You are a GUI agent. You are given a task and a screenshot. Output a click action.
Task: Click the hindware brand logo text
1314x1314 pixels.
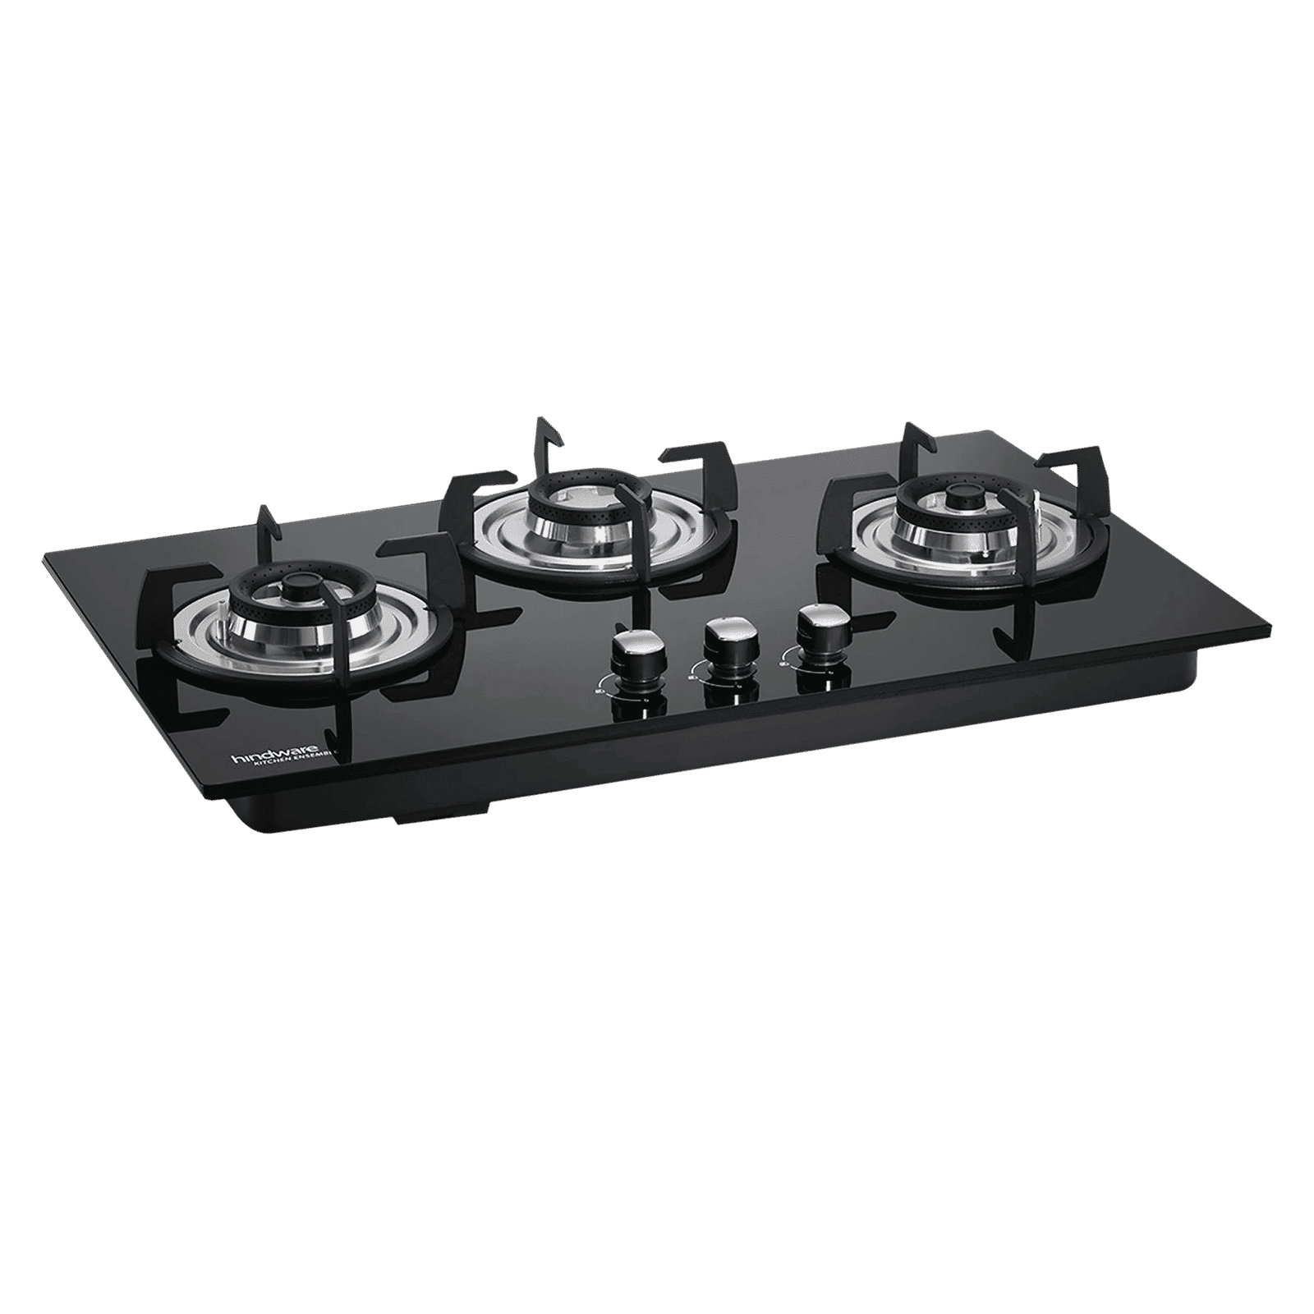pyautogui.click(x=272, y=752)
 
